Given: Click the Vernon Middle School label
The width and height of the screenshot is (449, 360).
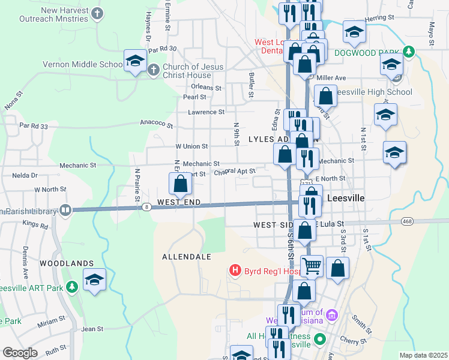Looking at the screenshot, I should pos(91,64).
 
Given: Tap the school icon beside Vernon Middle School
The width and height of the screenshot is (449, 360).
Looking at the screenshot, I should pos(135,61).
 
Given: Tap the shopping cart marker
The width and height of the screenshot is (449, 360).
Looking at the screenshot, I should pos(312,265).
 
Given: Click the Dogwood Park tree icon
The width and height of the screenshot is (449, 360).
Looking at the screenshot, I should pos(408,52).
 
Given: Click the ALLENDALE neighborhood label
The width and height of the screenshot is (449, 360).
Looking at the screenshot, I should pos(187,256).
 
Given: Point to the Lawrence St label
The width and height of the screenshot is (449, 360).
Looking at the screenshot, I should pos(206,112).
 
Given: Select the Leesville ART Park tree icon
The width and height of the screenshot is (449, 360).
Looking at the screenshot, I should pos(71,287).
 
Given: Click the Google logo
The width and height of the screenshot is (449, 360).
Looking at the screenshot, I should pos(20,353).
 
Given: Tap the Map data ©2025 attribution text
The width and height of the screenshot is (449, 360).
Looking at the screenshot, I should pos(423,355).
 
